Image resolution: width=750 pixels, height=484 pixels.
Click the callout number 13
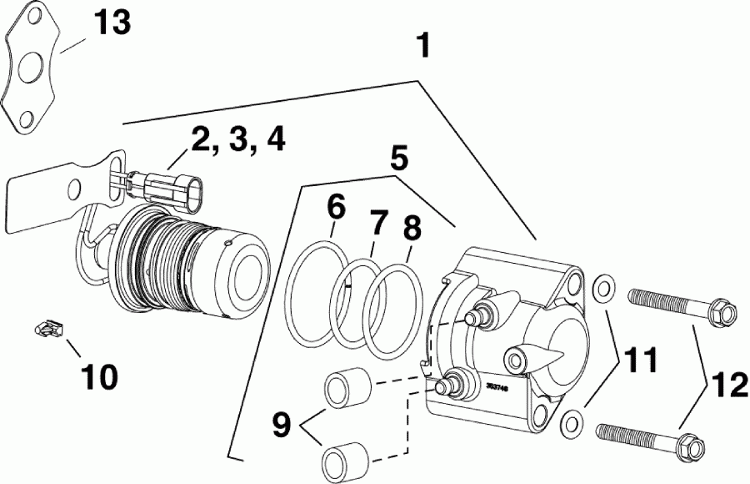click(x=111, y=23)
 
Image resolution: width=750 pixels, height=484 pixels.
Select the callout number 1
click(x=423, y=46)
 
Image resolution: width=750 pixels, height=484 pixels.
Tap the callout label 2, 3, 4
click(x=237, y=140)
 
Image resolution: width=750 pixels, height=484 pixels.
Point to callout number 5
click(x=398, y=156)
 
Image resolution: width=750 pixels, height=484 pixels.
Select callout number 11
click(x=637, y=360)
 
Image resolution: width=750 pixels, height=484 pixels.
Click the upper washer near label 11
click(x=602, y=290)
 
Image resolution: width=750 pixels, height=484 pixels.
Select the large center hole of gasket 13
click(x=32, y=68)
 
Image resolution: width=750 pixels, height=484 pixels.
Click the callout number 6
click(x=335, y=205)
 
